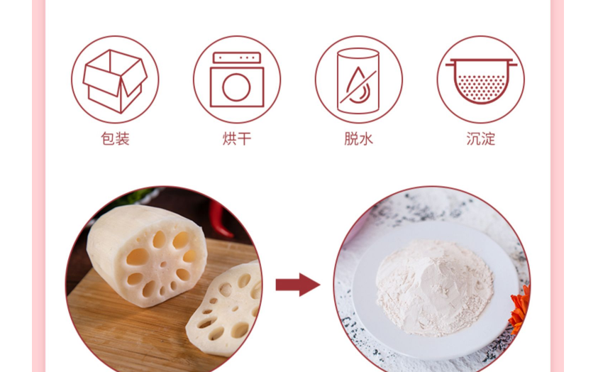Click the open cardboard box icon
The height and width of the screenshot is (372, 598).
115,81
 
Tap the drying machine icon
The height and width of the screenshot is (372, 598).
237,80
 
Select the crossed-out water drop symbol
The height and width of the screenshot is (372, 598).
358,86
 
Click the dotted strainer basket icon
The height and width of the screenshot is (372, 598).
481,81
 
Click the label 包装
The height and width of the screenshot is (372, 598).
115,138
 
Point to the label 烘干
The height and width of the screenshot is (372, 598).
237,138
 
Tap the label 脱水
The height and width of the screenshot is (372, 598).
358,138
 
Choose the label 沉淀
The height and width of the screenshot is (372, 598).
480,138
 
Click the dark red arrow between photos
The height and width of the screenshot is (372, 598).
298,285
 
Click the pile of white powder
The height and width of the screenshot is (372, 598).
434,287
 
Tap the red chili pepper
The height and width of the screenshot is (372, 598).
220,219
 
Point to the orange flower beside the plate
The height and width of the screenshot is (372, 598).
520,309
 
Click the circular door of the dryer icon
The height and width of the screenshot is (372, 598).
236,87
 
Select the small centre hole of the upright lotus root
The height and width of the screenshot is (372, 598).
163,264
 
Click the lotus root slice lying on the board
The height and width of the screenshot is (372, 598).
224,308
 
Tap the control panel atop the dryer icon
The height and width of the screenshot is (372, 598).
237,58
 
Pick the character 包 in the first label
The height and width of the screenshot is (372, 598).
108,138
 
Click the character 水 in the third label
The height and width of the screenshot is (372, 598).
366,138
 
